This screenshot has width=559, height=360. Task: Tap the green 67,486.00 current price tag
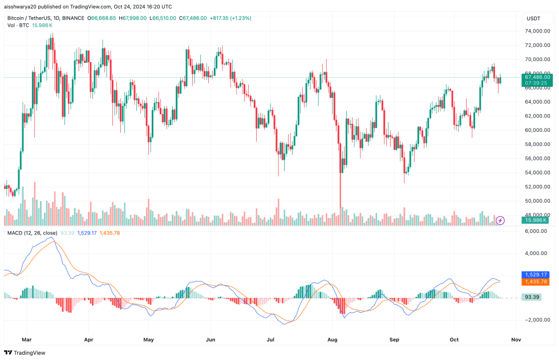[x=537, y=76]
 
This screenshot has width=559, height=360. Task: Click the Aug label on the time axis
[x=333, y=339]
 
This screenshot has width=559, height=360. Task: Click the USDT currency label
[x=533, y=19]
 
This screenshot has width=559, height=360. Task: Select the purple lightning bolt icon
[x=500, y=220]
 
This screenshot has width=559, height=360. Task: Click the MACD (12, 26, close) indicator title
[x=31, y=233]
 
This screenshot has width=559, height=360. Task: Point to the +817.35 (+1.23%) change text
[x=230, y=18]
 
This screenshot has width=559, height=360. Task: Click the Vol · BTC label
[x=18, y=26]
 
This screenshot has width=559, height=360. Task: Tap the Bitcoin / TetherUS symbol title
[x=32, y=18]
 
